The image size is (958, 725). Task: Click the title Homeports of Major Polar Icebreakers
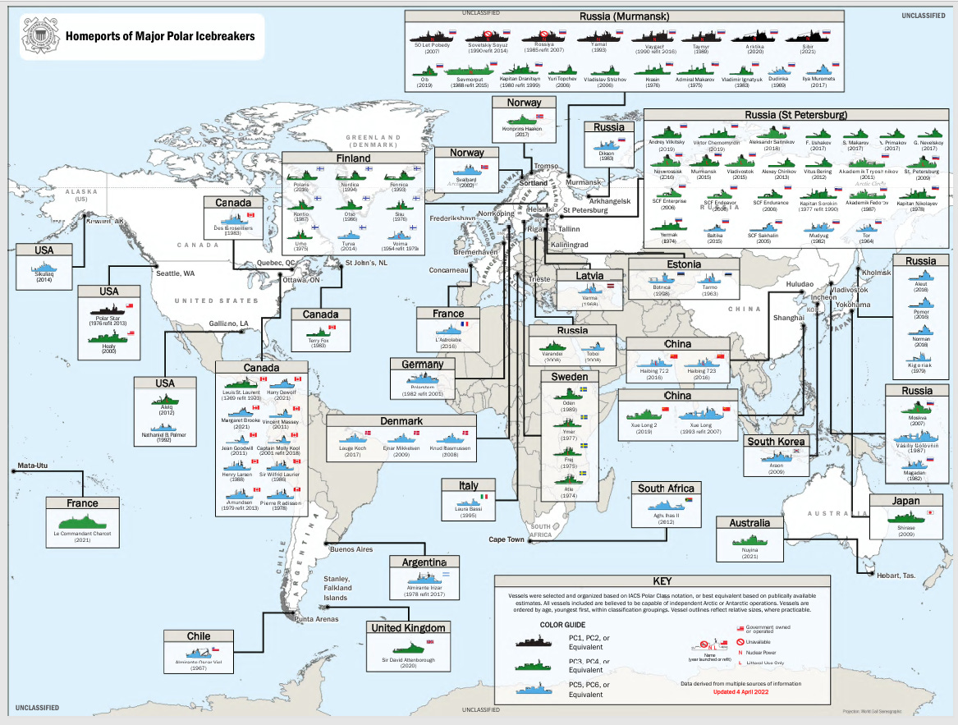(159, 36)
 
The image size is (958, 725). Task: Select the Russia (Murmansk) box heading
(624, 16)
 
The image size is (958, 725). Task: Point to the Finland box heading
(353, 158)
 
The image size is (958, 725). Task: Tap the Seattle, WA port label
(175, 273)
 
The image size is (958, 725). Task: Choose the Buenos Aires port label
(351, 549)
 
